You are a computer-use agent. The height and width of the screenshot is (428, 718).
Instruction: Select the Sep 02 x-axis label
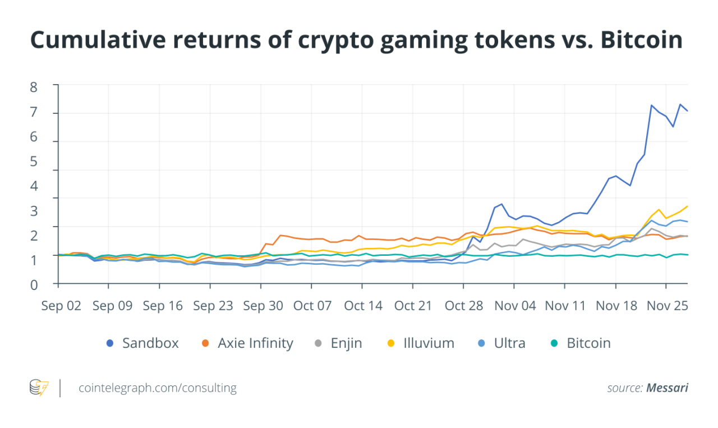point(62,306)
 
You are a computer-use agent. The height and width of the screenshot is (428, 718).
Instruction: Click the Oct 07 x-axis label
point(312,306)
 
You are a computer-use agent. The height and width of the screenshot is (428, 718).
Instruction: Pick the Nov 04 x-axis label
point(515,306)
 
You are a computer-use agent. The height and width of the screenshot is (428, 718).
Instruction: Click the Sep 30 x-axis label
point(261,306)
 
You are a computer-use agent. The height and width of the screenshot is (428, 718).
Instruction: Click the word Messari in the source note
point(667,388)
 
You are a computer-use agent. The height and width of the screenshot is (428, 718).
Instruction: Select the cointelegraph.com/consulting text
point(158,388)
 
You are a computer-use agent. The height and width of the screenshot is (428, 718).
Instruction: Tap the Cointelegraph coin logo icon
point(39,388)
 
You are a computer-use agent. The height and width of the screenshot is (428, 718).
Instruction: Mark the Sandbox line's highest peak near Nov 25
point(680,104)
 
